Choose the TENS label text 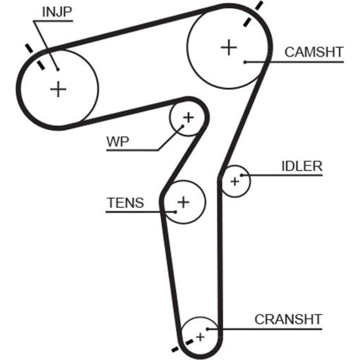coord(125,203)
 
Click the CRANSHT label coord(288,319)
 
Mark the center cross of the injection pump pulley coord(58,89)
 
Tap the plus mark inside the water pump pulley coord(188,117)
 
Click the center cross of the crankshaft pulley coord(201,337)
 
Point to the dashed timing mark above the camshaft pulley coord(252,14)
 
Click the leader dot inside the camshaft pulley coord(244,62)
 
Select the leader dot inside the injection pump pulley coord(58,69)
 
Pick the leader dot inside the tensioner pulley coord(175,211)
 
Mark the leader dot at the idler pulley coord(242,175)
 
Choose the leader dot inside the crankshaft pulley coord(208,328)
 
